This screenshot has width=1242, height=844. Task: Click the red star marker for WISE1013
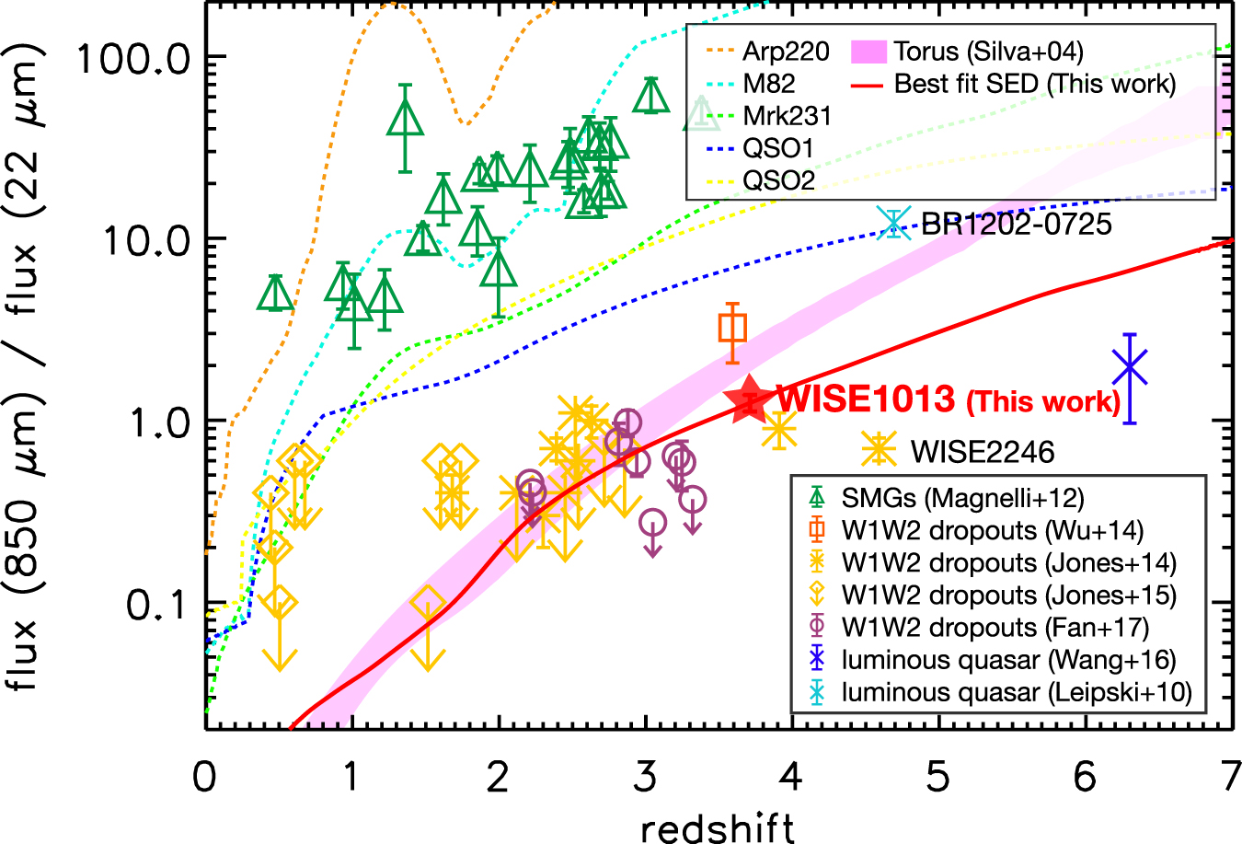pyautogui.click(x=747, y=399)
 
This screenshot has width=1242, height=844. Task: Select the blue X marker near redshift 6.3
pyautogui.click(x=1130, y=367)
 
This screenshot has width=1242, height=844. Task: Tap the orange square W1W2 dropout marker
pyautogui.click(x=732, y=328)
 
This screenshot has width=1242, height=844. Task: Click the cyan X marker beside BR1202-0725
pyautogui.click(x=891, y=222)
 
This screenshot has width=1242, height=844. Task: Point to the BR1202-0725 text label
pyautogui.click(x=1017, y=224)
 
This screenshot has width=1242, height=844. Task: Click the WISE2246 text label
pyautogui.click(x=983, y=452)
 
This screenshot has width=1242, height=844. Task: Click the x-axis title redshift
pyautogui.click(x=718, y=827)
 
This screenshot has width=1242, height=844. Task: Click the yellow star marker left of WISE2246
pyautogui.click(x=879, y=448)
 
